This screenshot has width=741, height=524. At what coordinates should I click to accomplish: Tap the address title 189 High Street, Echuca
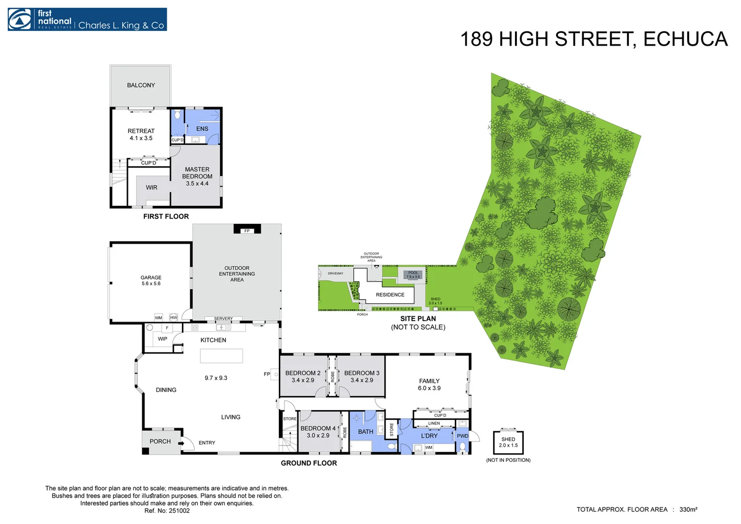pyautogui.click(x=593, y=39)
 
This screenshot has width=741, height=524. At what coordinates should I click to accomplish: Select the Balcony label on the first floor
pyautogui.click(x=141, y=85)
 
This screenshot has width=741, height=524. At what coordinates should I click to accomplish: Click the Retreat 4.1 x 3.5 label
pyautogui.click(x=141, y=134)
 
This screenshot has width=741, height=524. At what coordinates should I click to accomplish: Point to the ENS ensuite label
pyautogui.click(x=202, y=129)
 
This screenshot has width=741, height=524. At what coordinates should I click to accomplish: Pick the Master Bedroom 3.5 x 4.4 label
pyautogui.click(x=197, y=177)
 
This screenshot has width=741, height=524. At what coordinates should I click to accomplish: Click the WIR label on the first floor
pyautogui.click(x=151, y=188)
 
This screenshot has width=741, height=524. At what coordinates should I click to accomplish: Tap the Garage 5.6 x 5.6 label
pyautogui.click(x=151, y=280)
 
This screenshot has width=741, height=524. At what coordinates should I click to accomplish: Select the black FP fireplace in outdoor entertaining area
pyautogui.click(x=247, y=229)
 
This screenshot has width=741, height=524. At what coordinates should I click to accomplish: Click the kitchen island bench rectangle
pyautogui.click(x=222, y=356)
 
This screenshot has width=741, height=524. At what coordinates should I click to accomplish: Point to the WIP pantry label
pyautogui.click(x=162, y=339)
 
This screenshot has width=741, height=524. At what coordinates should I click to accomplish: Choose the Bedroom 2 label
pyautogui.click(x=303, y=377)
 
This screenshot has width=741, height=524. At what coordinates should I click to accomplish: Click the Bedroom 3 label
pyautogui.click(x=362, y=377)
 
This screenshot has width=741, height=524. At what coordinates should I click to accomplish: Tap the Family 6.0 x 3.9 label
pyautogui.click(x=429, y=384)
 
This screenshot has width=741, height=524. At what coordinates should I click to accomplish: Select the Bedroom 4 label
pyautogui.click(x=318, y=432)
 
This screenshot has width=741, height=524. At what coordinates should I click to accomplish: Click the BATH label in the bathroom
pyautogui.click(x=366, y=432)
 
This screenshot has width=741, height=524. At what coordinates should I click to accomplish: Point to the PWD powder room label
pyautogui.click(x=463, y=436)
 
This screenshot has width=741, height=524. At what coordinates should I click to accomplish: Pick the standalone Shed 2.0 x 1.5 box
pyautogui.click(x=508, y=442)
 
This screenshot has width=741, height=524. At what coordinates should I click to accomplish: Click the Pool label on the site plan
pyautogui.click(x=413, y=274)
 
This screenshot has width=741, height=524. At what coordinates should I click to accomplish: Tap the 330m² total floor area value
pyautogui.click(x=688, y=509)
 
